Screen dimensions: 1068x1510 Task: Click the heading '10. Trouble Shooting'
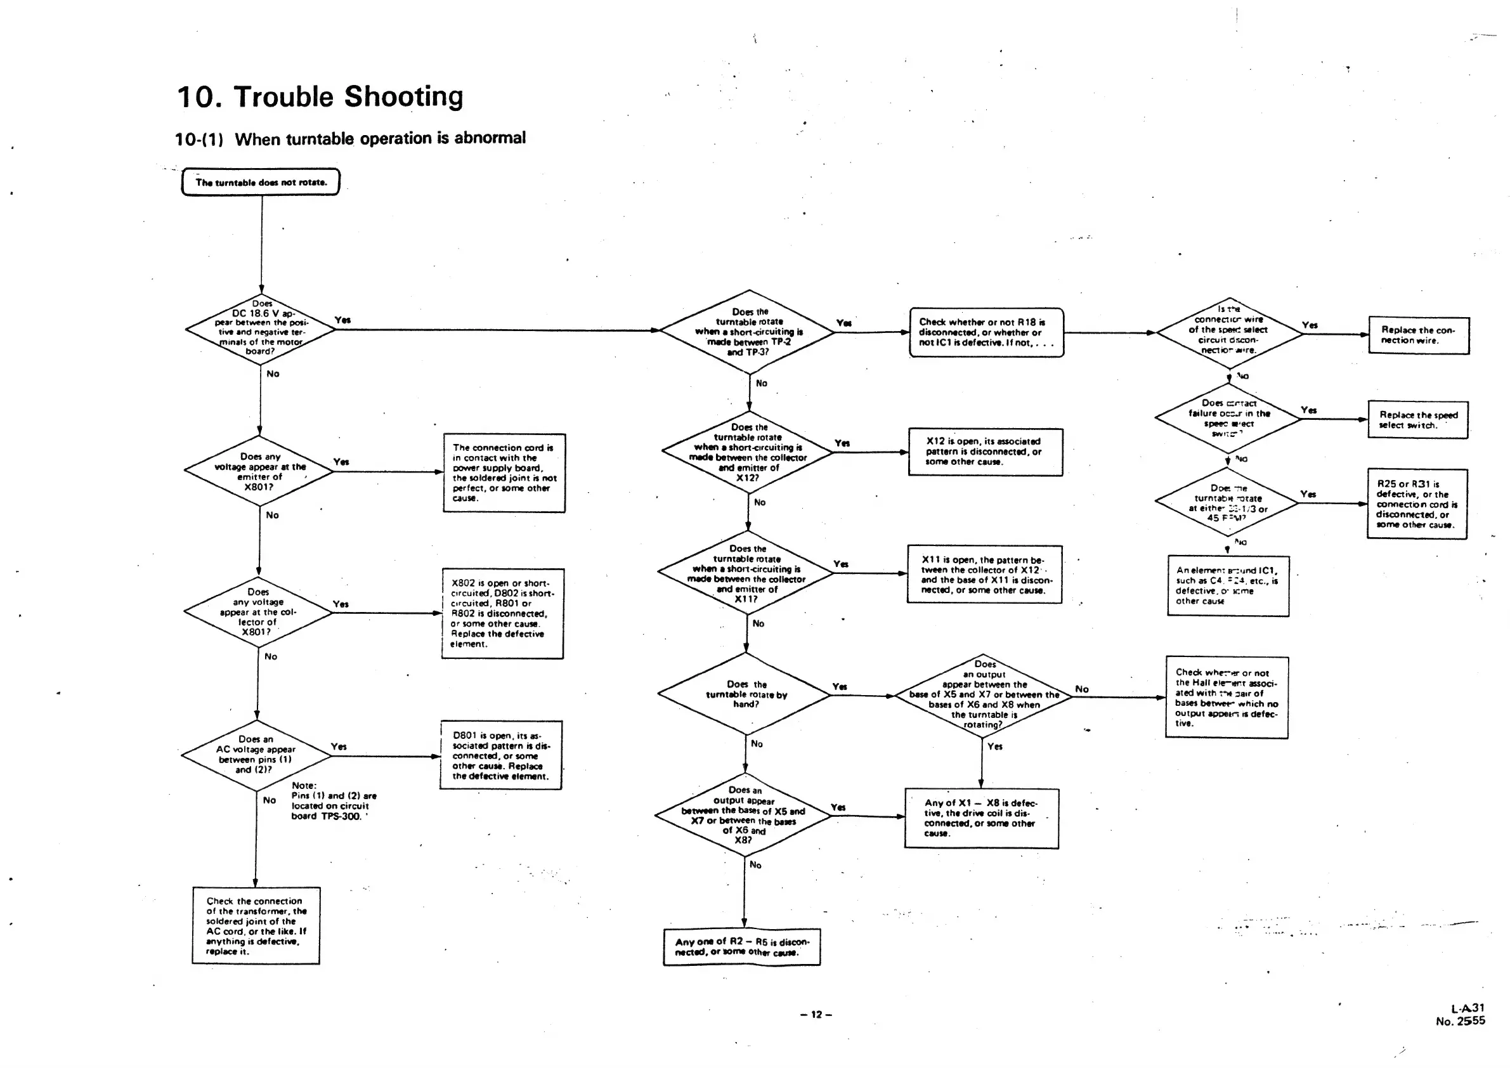pos(320,96)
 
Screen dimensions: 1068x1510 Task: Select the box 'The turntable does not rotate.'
pos(261,182)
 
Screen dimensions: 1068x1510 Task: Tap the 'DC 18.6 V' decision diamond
pos(261,328)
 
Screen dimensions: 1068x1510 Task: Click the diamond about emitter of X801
pos(260,471)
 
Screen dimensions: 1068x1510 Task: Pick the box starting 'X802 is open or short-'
pos(502,613)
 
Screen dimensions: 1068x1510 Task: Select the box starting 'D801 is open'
pos(500,755)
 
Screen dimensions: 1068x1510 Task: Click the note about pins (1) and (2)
pos(334,801)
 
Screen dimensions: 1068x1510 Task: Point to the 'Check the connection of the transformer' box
pos(256,925)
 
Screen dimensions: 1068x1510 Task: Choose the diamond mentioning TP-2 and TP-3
pos(748,332)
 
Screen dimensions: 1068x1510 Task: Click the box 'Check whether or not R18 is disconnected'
pos(986,332)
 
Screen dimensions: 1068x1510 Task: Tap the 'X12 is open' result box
pos(984,451)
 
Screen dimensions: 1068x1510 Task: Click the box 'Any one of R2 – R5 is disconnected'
pos(742,946)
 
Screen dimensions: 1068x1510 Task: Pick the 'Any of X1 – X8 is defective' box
pos(981,818)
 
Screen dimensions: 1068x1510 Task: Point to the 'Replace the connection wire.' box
pos(1419,335)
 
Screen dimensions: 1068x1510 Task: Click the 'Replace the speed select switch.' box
pos(1418,420)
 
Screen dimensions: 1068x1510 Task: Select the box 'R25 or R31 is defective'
pos(1417,504)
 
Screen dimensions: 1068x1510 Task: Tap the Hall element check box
pos(1227,697)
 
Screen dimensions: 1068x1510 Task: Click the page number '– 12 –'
pos(816,1014)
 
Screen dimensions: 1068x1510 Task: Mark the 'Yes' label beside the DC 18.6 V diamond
pos(342,320)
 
